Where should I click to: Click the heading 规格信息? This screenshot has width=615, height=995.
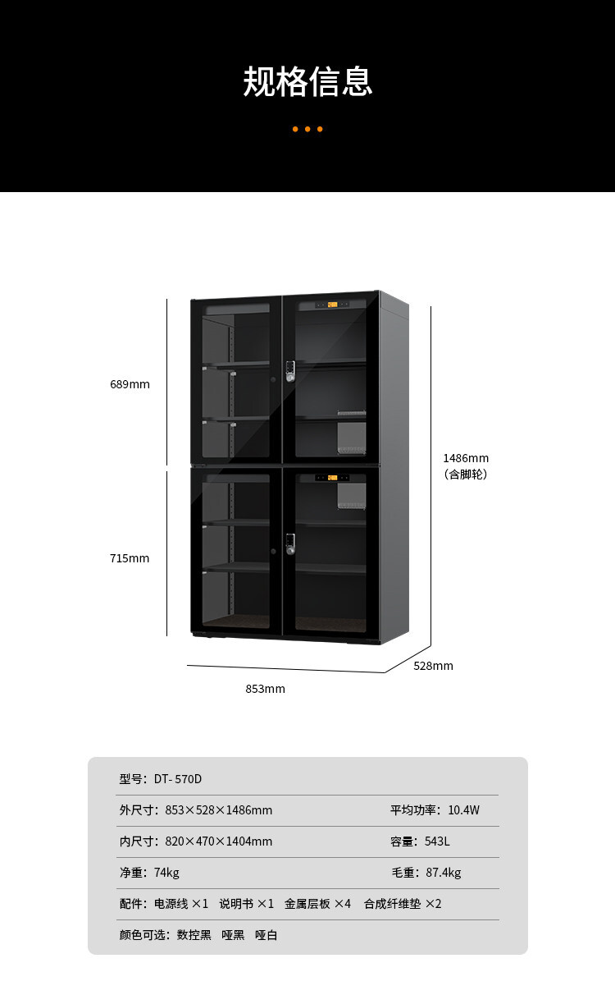click(307, 81)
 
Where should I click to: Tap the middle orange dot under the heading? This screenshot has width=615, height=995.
click(307, 129)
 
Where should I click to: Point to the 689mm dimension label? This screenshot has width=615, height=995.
click(130, 384)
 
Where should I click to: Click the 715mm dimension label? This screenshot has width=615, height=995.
click(130, 558)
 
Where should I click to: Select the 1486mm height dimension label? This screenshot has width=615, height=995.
click(466, 458)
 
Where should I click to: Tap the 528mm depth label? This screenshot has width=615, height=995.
click(434, 666)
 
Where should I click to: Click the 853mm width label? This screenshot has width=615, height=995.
click(266, 689)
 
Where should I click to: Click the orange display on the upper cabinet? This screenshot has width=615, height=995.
click(332, 305)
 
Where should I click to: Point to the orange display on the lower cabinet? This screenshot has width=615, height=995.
click(332, 478)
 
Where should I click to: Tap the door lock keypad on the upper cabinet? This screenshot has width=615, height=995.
click(290, 371)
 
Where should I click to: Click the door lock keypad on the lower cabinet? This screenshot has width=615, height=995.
click(290, 543)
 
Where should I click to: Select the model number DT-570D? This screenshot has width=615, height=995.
click(177, 779)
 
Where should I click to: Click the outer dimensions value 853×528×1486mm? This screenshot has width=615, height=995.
click(219, 810)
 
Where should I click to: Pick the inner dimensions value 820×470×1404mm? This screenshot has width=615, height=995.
click(219, 841)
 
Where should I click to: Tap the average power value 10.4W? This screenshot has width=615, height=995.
click(463, 810)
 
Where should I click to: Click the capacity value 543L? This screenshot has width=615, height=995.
click(437, 841)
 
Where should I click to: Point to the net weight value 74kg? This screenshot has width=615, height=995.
click(166, 873)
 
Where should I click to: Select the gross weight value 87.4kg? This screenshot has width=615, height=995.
click(444, 873)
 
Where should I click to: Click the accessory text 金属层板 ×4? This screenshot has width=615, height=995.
click(317, 904)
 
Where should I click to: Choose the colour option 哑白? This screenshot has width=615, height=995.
click(266, 935)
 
